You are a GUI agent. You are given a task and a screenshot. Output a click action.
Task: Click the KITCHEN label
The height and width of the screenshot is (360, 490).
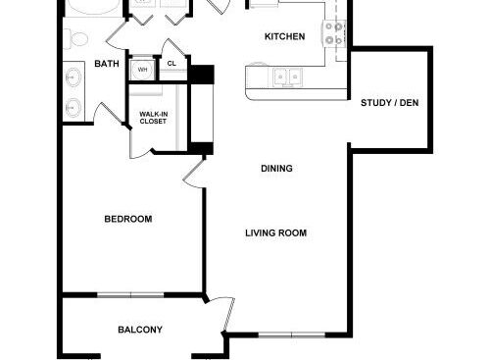[285, 37]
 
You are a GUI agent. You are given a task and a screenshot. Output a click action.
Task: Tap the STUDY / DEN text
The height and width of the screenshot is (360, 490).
[389, 102]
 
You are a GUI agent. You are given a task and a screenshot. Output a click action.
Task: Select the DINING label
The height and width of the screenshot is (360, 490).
[276, 169]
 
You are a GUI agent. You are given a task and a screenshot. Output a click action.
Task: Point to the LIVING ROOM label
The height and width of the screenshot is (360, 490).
[275, 233]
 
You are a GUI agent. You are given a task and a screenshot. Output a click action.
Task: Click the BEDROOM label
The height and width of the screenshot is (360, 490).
[127, 219]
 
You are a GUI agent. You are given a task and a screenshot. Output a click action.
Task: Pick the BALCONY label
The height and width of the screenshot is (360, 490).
[140, 330]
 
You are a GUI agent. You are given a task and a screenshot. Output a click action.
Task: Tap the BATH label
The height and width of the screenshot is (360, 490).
[106, 65]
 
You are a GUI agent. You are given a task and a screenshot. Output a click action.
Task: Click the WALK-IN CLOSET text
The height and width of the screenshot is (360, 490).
[154, 119]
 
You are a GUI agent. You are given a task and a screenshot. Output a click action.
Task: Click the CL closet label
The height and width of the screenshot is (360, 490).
[171, 64]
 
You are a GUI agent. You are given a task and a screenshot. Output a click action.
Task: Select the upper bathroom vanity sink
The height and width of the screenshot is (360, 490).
[72, 76]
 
